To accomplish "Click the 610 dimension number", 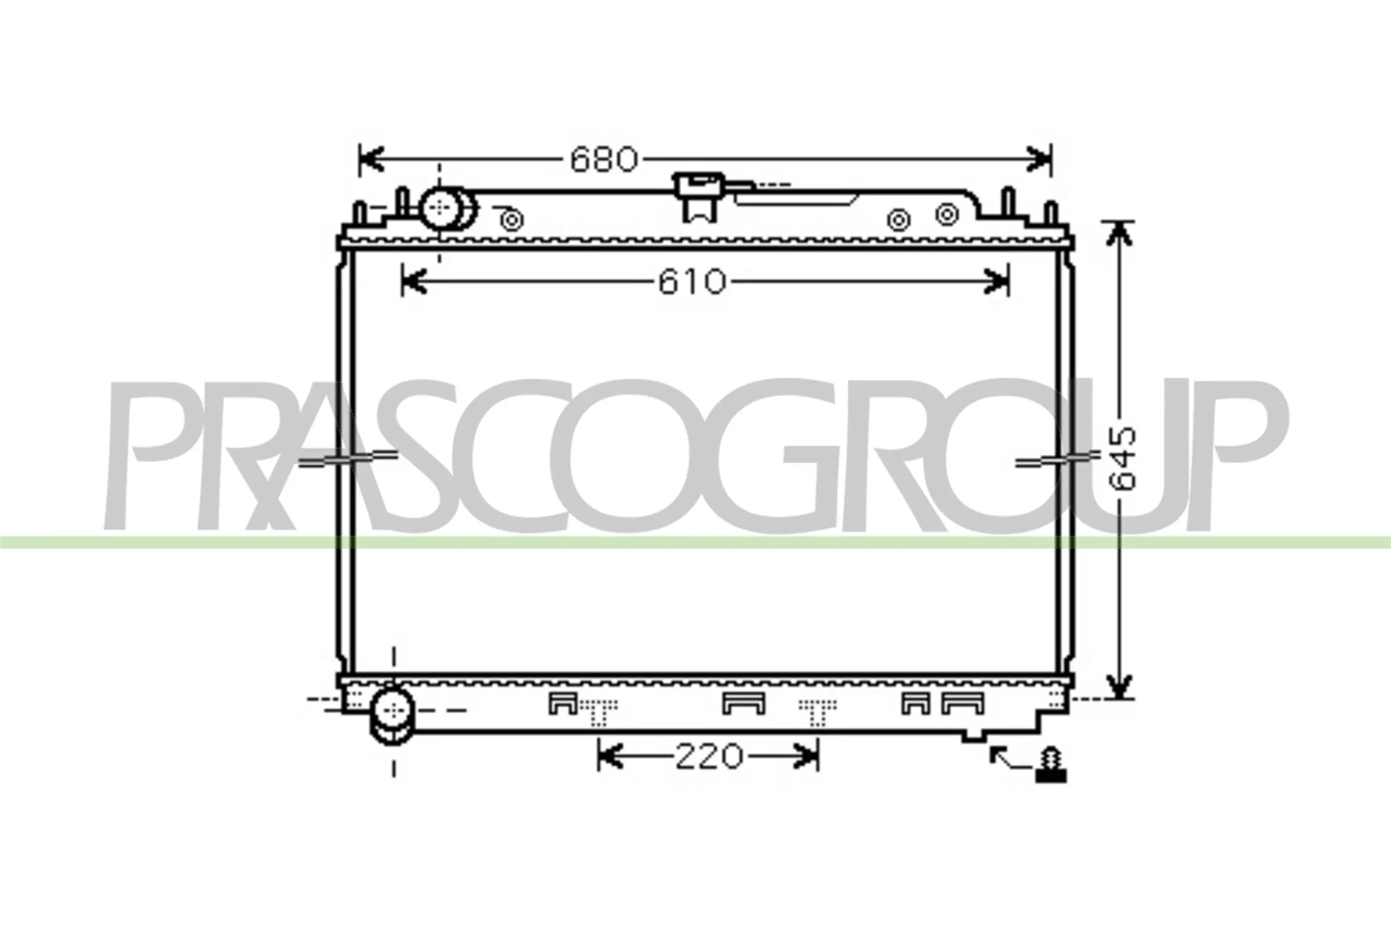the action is pos(691,282).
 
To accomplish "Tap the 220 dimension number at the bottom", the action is pos(708,757).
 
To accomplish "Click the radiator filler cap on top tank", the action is pos(700,196).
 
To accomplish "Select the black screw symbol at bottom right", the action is pos(1051,765).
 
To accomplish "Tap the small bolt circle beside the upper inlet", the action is pos(512,221).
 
